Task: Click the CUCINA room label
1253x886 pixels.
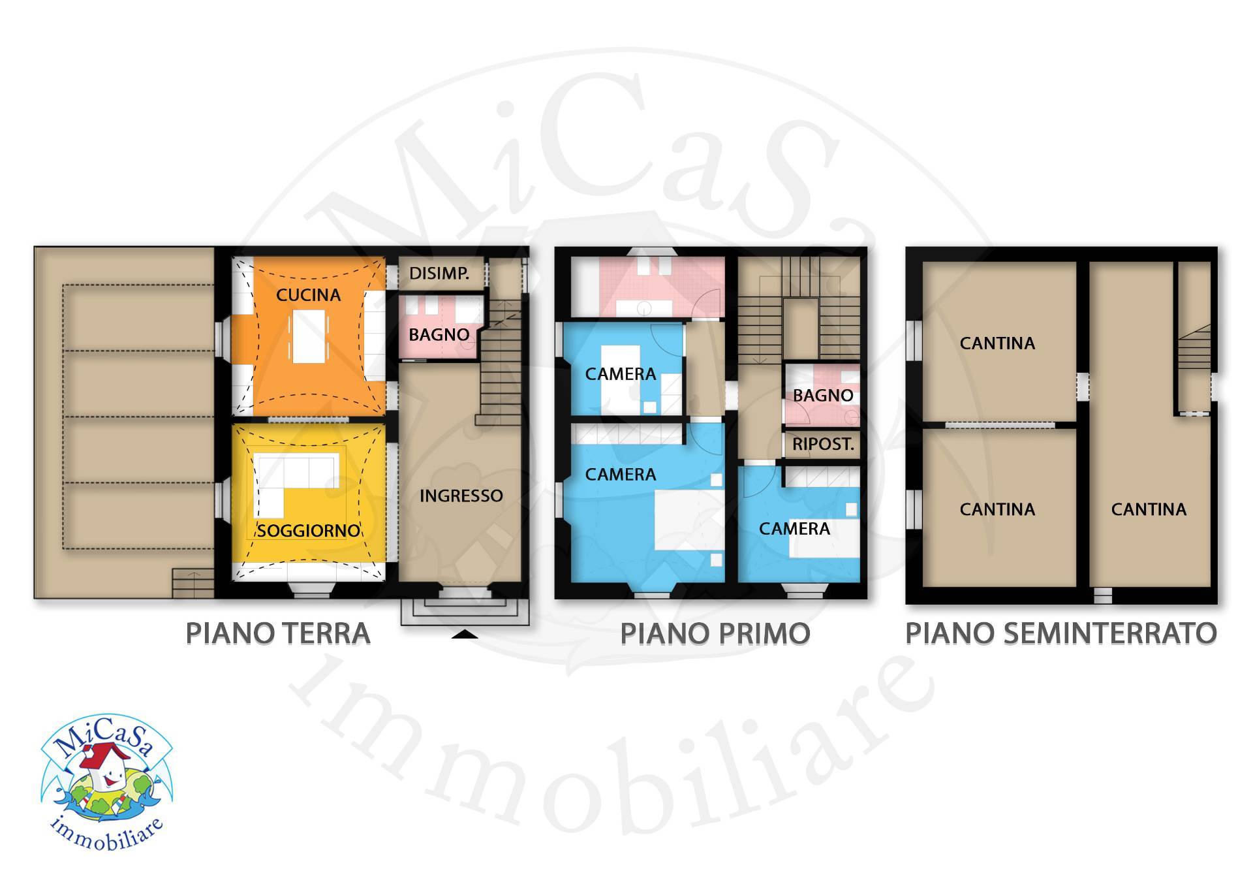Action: [x=308, y=295]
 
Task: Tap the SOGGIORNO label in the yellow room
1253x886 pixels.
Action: [x=308, y=530]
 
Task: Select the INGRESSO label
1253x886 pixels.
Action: [x=461, y=496]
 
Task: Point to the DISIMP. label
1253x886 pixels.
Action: [x=439, y=274]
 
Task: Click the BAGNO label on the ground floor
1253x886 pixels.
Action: [x=439, y=335]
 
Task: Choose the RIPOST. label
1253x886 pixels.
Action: [x=823, y=445]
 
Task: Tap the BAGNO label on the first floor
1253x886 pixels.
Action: [x=823, y=396]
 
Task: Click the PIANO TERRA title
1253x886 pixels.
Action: [x=278, y=633]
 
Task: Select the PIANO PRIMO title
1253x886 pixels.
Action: [x=715, y=633]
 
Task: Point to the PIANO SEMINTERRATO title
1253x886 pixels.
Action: [x=1061, y=633]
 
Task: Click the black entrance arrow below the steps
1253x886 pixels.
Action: [x=464, y=634]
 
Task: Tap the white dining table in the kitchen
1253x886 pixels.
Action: [x=308, y=337]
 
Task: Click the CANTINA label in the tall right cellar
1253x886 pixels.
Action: [x=1149, y=509]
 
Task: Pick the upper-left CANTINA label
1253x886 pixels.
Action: [x=997, y=343]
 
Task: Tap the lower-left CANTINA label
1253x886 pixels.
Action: [x=997, y=509]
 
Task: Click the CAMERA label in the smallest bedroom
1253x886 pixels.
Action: [x=621, y=374]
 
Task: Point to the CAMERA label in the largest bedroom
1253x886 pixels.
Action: [x=621, y=475]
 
